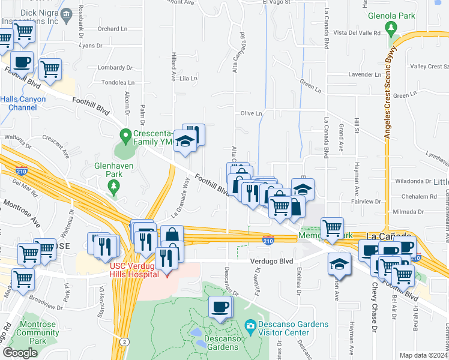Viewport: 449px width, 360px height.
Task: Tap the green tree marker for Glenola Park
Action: point(392,28)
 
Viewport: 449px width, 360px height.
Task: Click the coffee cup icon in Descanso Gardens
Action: point(220,308)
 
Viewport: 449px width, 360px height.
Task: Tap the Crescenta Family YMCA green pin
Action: point(125,136)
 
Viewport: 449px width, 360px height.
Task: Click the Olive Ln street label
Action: point(252,113)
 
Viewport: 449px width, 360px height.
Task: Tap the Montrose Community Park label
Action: point(38,332)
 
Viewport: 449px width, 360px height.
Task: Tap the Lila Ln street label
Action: point(188,79)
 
